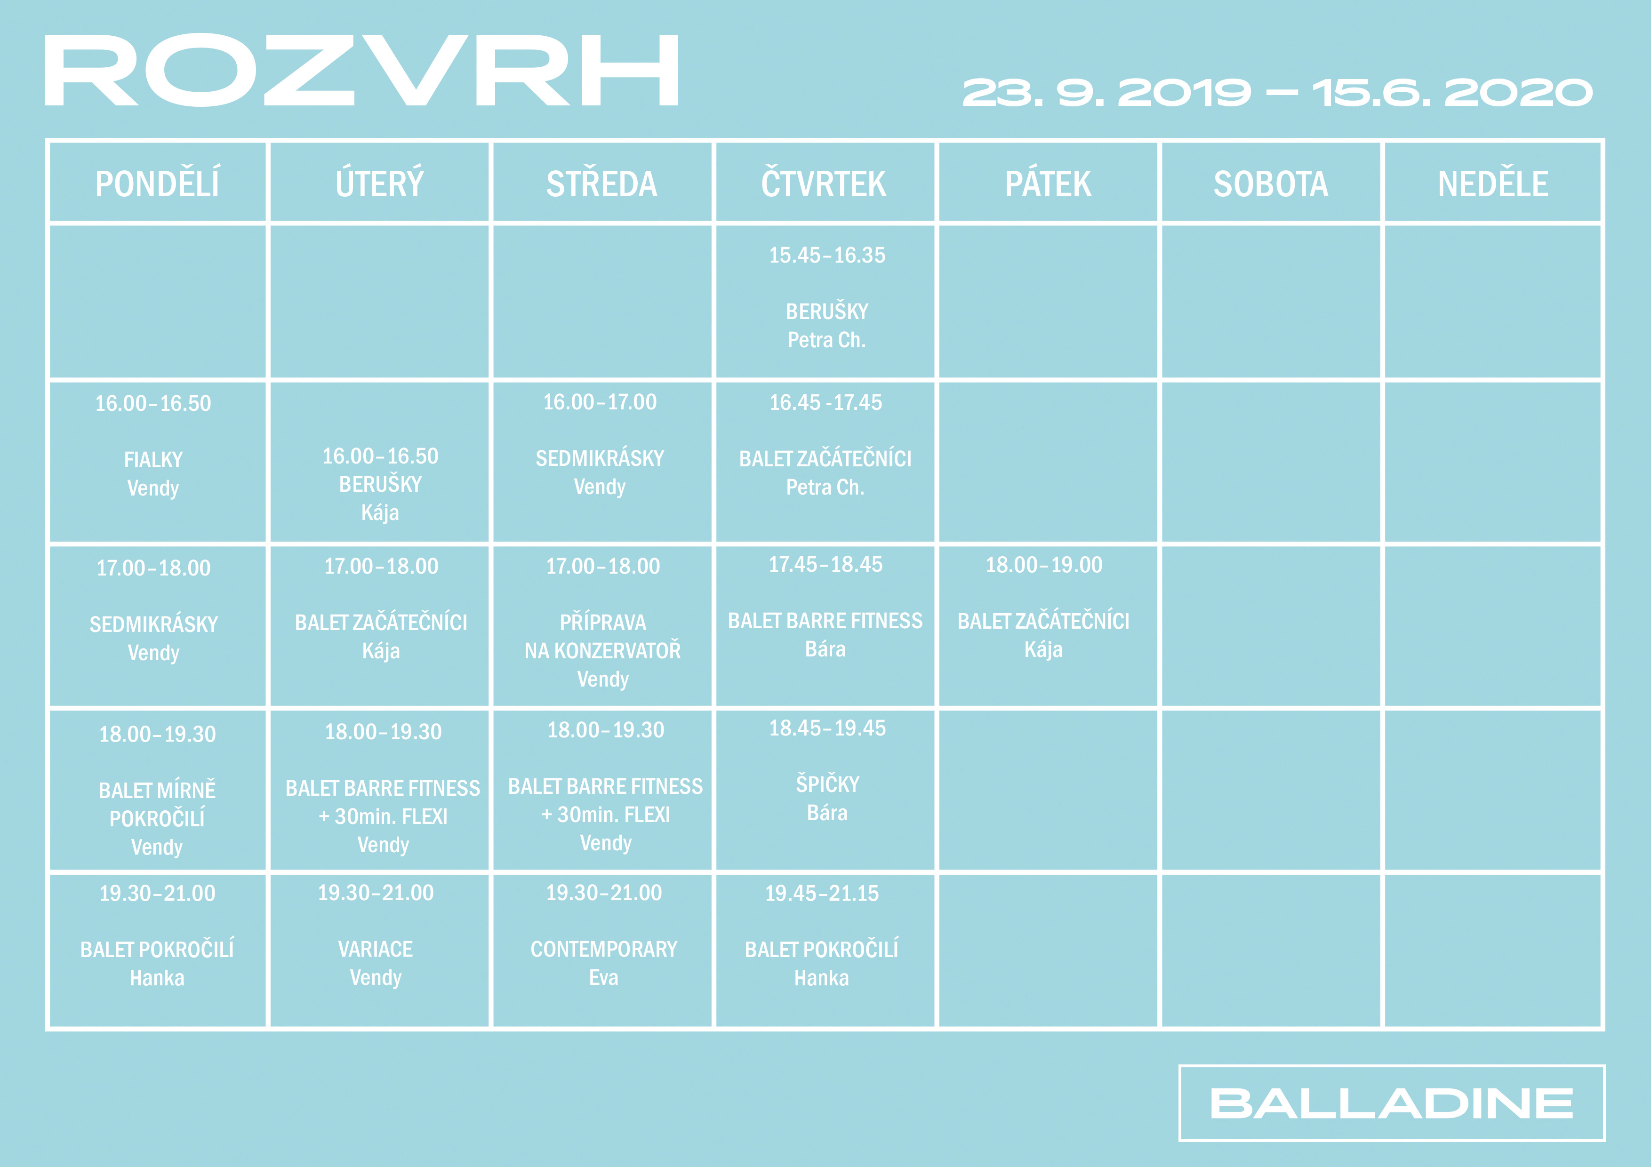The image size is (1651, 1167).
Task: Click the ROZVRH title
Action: click(x=362, y=71)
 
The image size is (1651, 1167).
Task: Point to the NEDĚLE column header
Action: click(x=1493, y=184)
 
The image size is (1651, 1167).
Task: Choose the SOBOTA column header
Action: click(x=1271, y=184)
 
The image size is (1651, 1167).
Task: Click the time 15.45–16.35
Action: click(x=827, y=255)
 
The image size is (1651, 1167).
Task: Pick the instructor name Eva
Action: click(x=603, y=978)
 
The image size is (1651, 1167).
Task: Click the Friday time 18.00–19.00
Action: click(x=1044, y=565)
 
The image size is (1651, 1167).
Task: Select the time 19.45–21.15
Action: click(x=822, y=894)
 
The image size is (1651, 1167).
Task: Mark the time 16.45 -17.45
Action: click(x=825, y=403)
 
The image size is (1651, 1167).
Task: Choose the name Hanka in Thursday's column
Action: click(x=822, y=979)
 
